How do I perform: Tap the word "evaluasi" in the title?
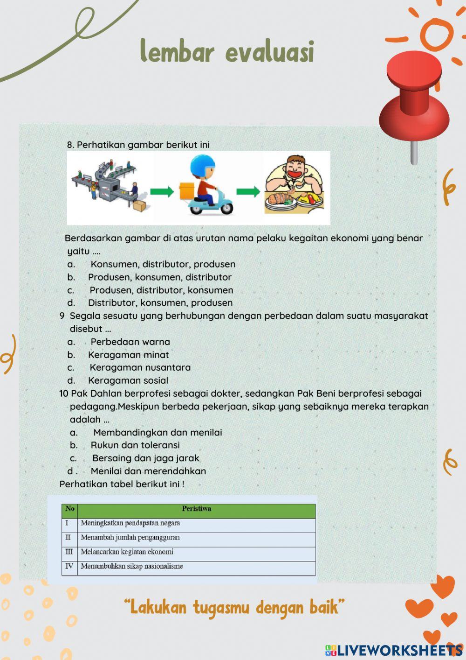point(270,52)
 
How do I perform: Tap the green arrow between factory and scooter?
point(162,191)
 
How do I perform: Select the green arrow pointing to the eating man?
point(248,191)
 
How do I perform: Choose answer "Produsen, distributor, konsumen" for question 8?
point(161,290)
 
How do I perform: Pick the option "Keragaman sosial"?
point(128,380)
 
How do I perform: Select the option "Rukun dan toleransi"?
point(135,445)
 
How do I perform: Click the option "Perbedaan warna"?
point(130,342)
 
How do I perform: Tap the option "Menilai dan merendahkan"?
point(148,471)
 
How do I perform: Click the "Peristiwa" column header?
point(196,509)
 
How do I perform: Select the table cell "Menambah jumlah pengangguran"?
point(130,537)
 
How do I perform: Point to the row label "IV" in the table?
point(69,566)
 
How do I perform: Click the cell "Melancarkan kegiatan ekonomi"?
point(127,552)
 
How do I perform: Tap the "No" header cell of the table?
point(70,509)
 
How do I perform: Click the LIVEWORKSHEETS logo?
point(394,650)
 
